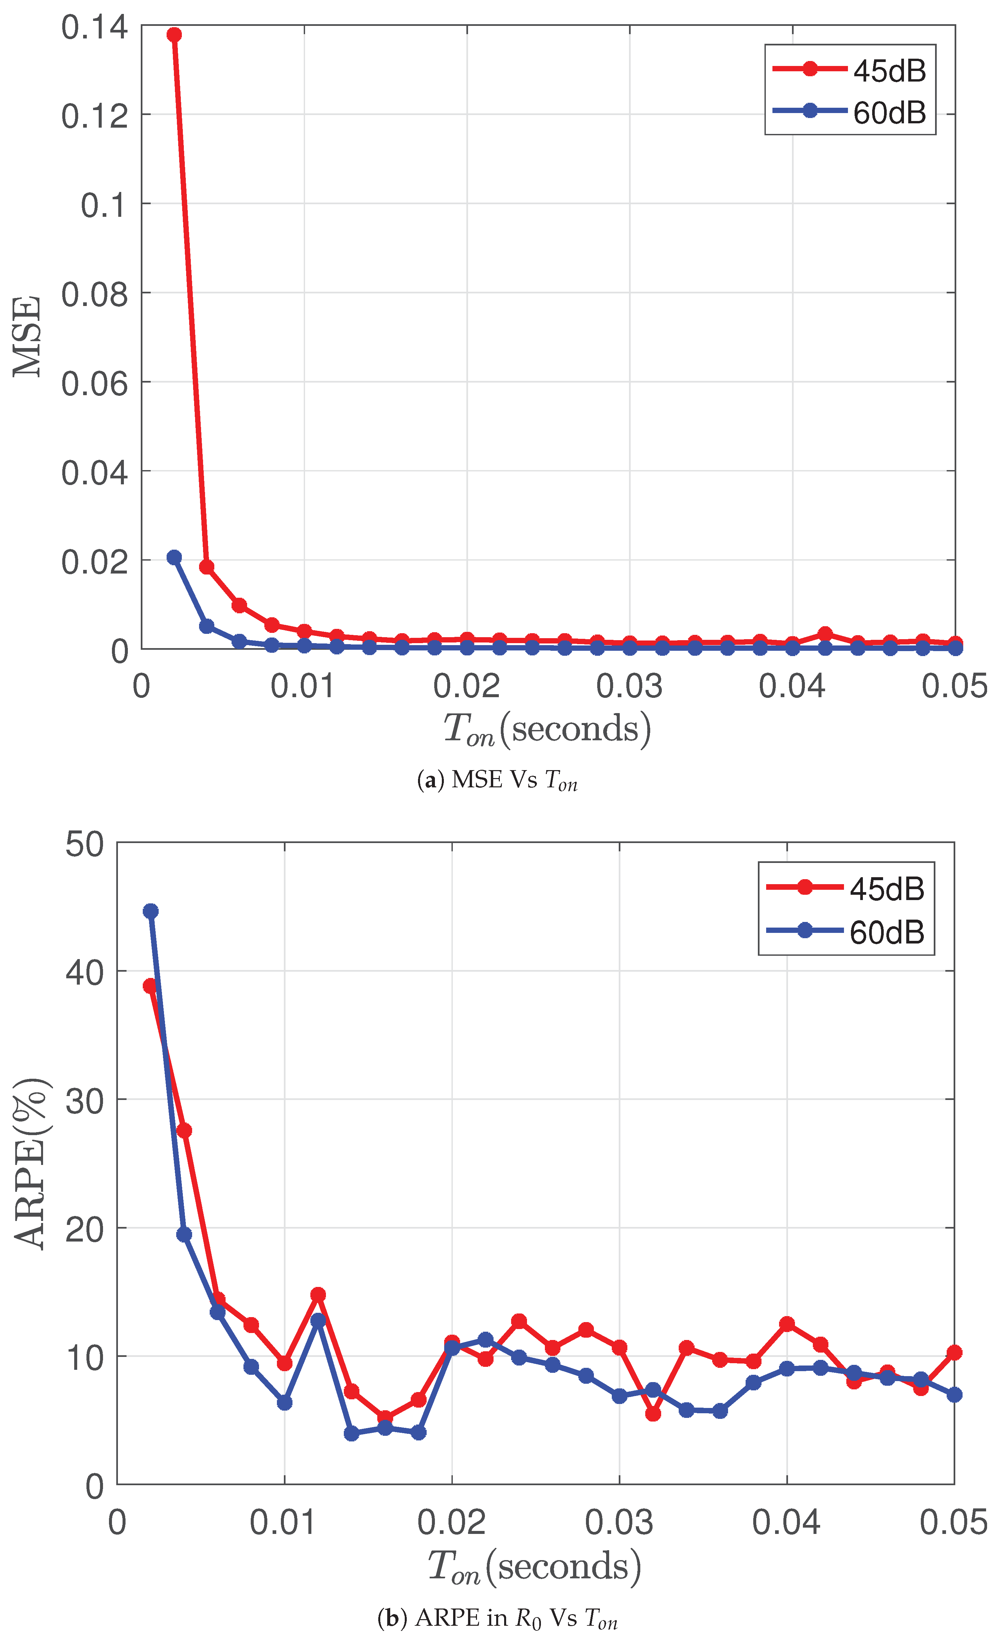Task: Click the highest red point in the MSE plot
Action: (x=174, y=34)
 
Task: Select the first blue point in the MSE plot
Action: (x=174, y=557)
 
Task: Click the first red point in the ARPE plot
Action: (x=150, y=986)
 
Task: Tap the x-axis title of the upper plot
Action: (x=547, y=729)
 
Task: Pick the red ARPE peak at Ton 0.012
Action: (x=318, y=1295)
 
